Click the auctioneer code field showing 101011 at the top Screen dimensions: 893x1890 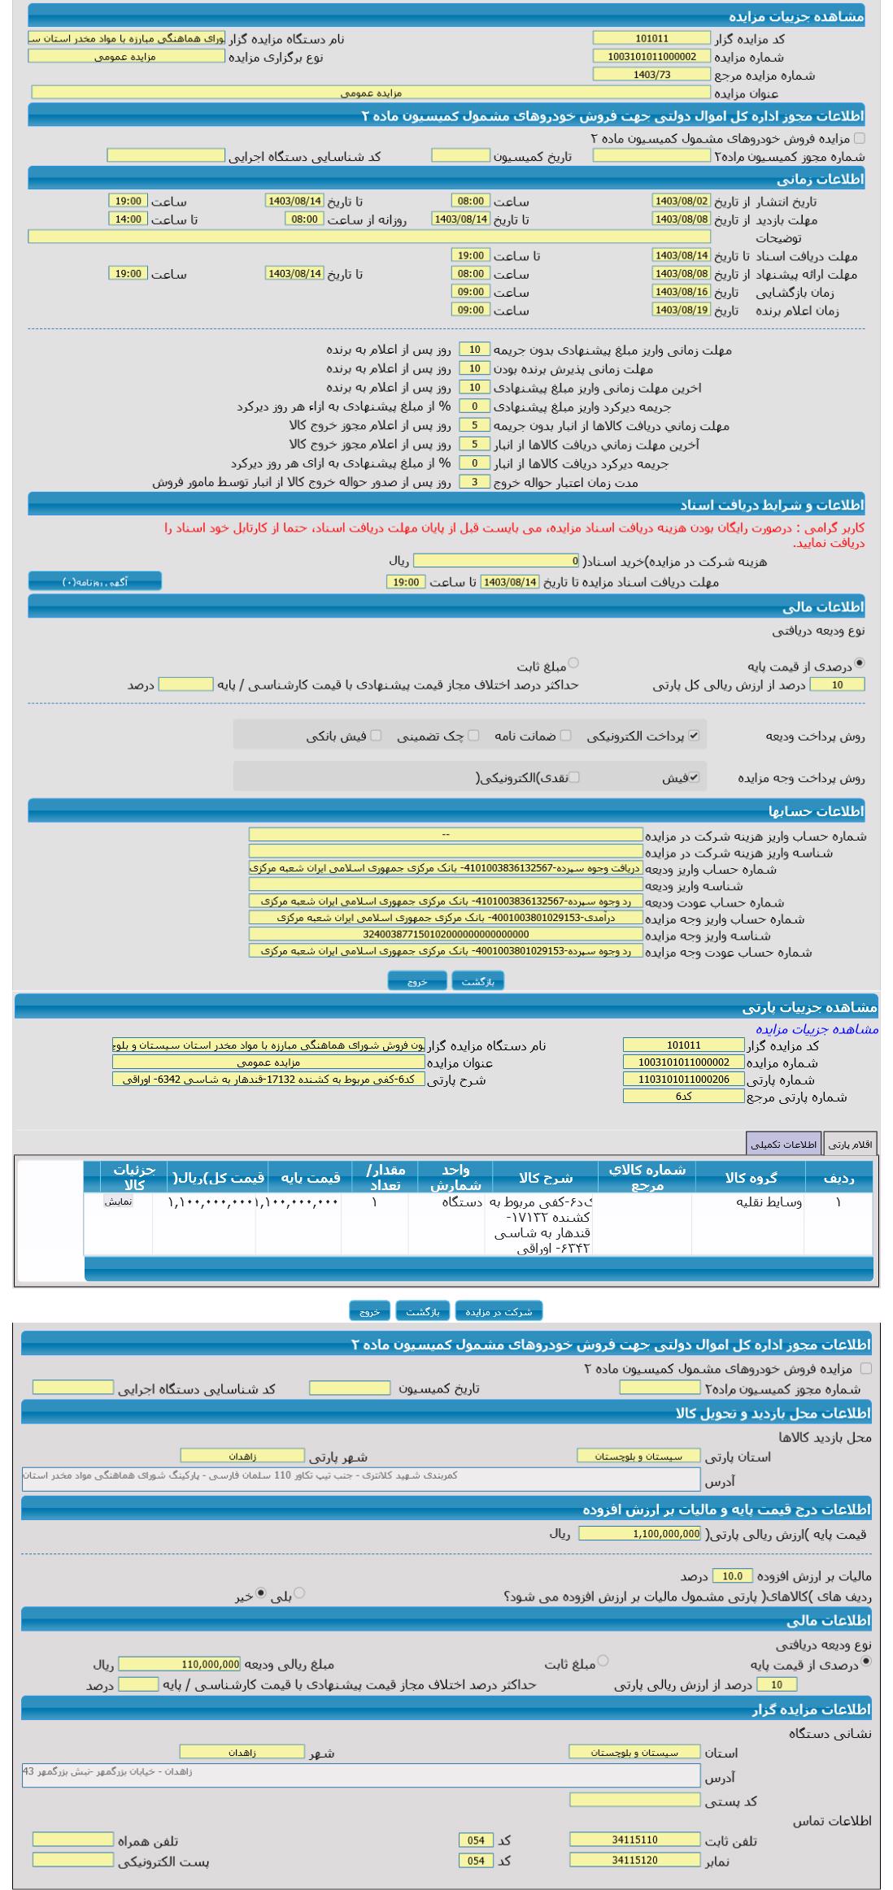[651, 38]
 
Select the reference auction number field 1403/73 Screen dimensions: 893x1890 [651, 75]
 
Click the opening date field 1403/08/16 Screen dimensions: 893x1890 [681, 292]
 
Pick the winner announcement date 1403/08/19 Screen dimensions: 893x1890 [681, 310]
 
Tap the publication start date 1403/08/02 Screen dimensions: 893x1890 [681, 201]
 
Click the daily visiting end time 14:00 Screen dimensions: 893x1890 [128, 219]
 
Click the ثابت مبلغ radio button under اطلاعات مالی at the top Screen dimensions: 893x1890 [573, 663]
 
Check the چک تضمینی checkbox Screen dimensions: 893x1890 [473, 736]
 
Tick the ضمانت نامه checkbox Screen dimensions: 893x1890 [566, 736]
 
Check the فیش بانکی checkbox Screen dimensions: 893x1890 [376, 736]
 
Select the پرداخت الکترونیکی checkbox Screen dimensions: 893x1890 [694, 736]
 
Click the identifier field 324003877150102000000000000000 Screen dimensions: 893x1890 [446, 935]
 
